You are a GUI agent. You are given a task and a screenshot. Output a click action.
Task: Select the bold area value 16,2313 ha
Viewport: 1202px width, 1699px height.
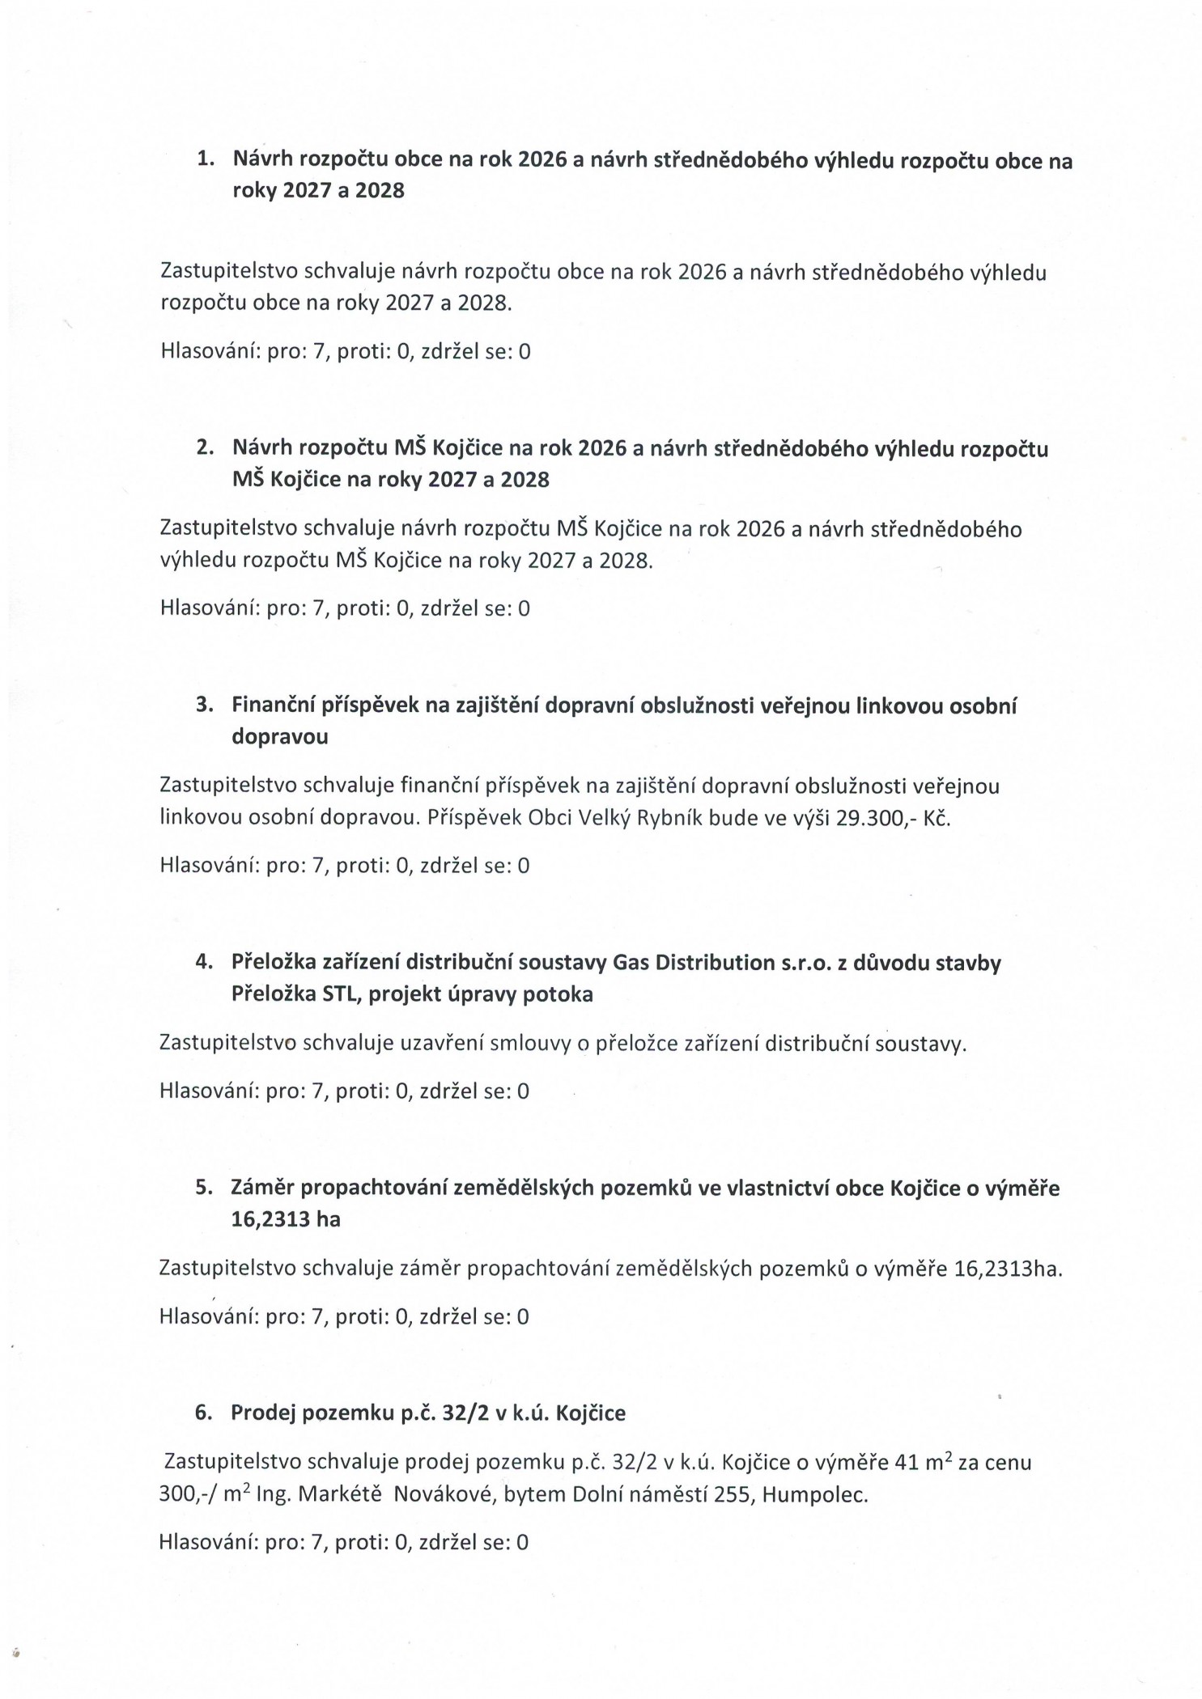tap(285, 1219)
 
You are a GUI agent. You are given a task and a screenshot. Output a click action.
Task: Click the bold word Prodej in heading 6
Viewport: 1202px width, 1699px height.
tap(262, 1413)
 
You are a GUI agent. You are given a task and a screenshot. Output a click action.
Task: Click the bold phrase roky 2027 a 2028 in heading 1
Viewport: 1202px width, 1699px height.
tap(318, 190)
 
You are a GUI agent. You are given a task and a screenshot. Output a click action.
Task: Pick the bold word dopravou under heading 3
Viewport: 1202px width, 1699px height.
tap(279, 736)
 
